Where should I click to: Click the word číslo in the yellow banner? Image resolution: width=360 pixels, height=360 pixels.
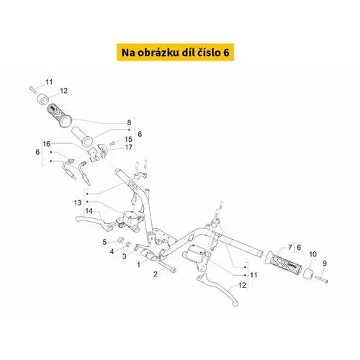tap(210, 53)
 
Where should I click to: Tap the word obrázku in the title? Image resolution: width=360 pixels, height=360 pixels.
tap(158, 53)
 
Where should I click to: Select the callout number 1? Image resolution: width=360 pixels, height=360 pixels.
tap(138, 264)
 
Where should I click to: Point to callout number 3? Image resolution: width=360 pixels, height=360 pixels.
tap(124, 256)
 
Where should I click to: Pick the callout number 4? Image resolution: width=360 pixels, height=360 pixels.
tap(112, 252)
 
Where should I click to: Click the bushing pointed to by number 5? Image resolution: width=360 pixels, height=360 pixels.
tap(120, 240)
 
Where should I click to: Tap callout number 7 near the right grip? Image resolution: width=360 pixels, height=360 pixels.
tap(290, 247)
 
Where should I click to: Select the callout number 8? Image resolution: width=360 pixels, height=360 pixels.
tap(129, 122)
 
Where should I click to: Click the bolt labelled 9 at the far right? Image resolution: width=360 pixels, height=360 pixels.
tap(322, 279)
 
